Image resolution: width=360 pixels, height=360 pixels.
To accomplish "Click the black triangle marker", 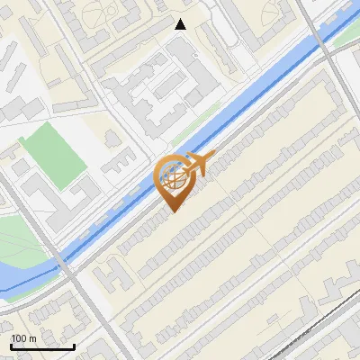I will (181, 24).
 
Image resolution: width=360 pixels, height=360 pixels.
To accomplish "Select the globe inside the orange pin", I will (173, 178).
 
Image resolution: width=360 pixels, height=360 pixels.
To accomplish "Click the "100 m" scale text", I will (23, 338).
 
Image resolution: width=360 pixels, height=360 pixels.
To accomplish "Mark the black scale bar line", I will (42, 346).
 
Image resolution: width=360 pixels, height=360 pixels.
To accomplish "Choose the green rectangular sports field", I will (54, 156).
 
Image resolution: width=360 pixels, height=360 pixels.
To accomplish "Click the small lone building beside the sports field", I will (112, 138).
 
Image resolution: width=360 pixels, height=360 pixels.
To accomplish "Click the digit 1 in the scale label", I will (13, 338).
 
